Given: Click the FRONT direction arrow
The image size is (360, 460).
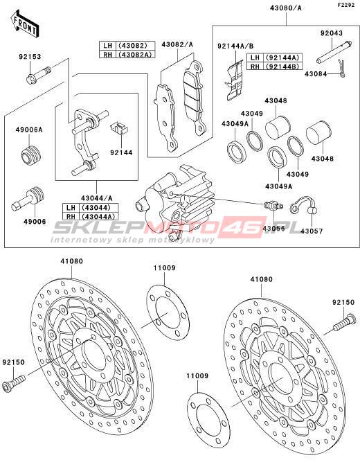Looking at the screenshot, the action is (25, 24).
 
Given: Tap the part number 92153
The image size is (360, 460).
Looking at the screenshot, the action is (30, 56).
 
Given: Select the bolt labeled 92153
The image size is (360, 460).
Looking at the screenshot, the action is (38, 75).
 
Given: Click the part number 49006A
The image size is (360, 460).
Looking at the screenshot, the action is (29, 130).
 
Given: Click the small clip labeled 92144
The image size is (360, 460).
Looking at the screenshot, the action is (120, 128).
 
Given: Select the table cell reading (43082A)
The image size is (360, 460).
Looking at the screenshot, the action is (136, 54).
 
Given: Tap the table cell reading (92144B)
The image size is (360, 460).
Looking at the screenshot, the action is (283, 67).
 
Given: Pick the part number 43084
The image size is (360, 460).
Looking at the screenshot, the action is (316, 74).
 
